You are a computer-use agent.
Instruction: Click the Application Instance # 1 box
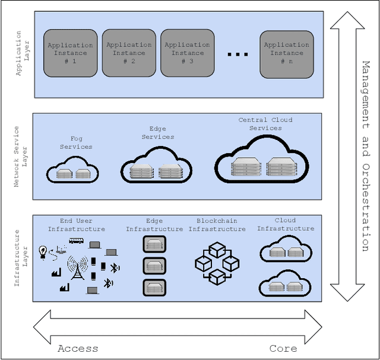pyautogui.click(x=70, y=53)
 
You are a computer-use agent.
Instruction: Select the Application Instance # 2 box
pyautogui.click(x=129, y=53)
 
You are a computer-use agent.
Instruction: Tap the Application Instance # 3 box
pyautogui.click(x=187, y=53)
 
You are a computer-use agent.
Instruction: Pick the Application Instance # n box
pyautogui.click(x=287, y=53)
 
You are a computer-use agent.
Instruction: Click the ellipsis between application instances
pyautogui.click(x=237, y=55)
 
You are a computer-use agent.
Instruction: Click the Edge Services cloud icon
pyautogui.click(x=157, y=168)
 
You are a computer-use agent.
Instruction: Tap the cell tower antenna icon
pyautogui.click(x=77, y=268)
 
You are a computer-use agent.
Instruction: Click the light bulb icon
pyautogui.click(x=43, y=250)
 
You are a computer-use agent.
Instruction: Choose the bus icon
pyautogui.click(x=77, y=241)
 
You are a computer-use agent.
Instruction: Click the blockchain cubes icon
pyautogui.click(x=217, y=262)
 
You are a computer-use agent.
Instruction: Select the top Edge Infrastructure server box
pyautogui.click(x=154, y=244)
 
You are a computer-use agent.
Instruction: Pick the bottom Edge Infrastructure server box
pyautogui.click(x=154, y=288)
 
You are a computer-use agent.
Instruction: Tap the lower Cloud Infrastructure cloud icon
pyautogui.click(x=286, y=286)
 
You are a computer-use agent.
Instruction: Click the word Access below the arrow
pyautogui.click(x=78, y=349)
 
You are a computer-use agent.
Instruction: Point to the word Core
pyautogui.click(x=283, y=349)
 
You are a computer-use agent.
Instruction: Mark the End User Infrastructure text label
pyautogui.click(x=76, y=225)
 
